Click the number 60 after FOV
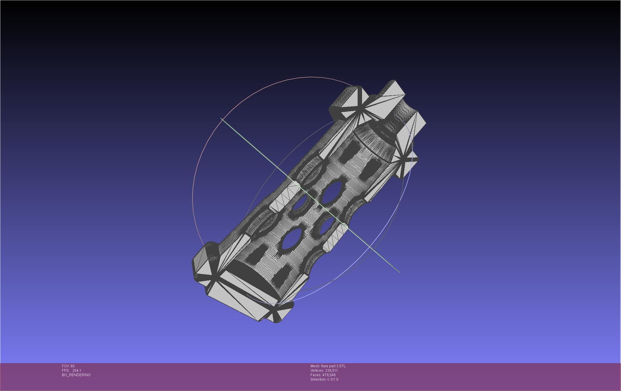coord(73,366)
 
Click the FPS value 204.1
coord(76,371)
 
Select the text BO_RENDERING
coord(76,375)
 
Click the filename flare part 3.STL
coord(333,366)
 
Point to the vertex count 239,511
coord(331,371)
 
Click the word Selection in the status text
coord(318,379)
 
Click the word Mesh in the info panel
coord(315,366)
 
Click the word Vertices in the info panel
coord(317,371)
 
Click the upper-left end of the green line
coord(221,119)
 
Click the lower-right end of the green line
coord(399,272)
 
